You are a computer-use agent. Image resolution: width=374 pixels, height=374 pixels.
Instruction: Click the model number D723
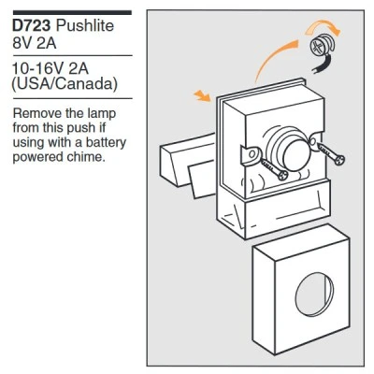pos(31,25)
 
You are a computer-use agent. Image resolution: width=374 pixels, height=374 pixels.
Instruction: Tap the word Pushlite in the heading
pos(85,25)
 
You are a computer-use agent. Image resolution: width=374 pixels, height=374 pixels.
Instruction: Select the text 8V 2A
pos(35,43)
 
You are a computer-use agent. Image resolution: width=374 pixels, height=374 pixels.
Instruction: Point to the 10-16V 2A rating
pos(50,68)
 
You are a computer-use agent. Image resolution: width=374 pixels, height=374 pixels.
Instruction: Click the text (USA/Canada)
pos(65,84)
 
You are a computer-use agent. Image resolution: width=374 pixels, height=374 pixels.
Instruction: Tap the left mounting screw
pos(274,170)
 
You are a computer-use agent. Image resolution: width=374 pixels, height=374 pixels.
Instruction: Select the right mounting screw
pos(331,155)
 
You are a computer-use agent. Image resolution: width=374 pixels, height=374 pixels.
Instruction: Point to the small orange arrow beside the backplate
pos(203,95)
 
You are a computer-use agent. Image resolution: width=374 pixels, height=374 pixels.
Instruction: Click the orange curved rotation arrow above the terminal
pos(324,27)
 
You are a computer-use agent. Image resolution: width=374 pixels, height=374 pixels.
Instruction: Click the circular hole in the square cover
pos(313,294)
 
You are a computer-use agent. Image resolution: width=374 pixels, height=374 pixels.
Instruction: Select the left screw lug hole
pos(252,153)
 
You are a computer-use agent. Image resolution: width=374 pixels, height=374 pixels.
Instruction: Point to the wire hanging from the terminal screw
pos(321,65)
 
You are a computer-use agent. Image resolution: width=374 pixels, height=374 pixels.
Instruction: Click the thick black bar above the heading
pos(72,13)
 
